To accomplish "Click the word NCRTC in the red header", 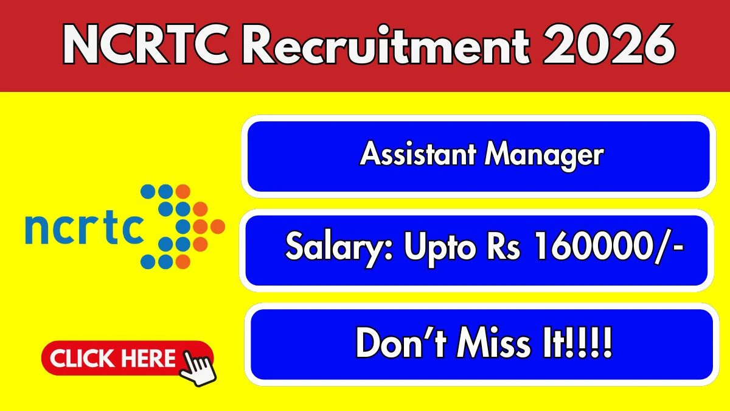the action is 145,44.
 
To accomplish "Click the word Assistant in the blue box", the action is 418,153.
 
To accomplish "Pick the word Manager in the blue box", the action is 544,156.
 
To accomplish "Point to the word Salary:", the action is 339,248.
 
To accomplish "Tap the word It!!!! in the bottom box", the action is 577,343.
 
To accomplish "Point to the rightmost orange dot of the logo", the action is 217,227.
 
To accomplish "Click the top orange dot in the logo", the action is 183,191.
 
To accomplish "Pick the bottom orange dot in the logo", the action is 183,262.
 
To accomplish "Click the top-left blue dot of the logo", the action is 148,191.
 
